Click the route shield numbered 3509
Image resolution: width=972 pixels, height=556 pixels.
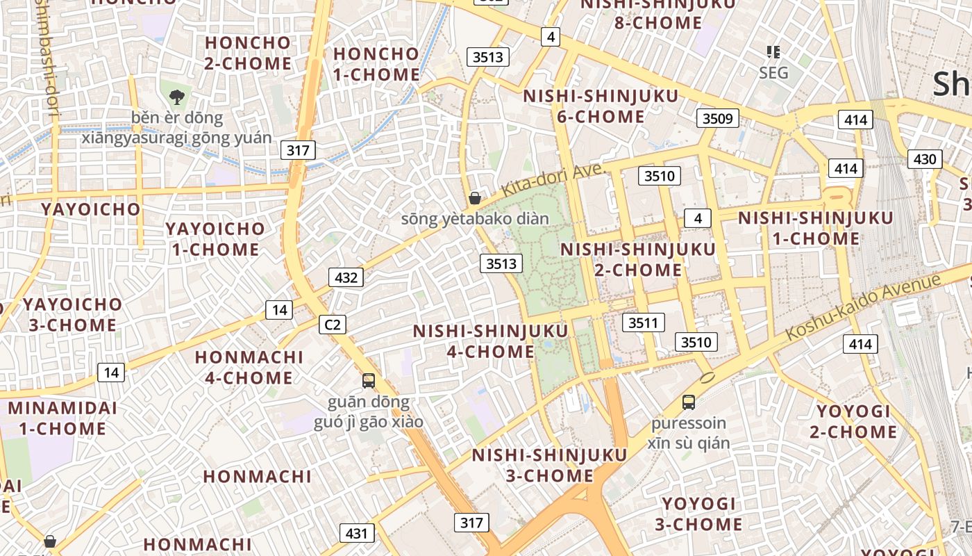718,118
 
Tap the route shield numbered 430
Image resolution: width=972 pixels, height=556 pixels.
925,159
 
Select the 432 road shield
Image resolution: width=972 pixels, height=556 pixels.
346,278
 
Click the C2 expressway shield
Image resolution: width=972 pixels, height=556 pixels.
333,325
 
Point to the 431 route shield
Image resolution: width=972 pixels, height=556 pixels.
357,533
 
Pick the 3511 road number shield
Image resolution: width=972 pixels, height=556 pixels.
644,322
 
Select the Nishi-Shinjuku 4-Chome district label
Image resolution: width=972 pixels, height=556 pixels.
490,341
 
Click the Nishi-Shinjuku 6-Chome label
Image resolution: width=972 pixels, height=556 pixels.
601,106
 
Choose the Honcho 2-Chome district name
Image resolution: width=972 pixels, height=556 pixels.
248,53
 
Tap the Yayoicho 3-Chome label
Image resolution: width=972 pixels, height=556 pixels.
72,314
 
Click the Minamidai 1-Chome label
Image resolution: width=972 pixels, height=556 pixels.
63,418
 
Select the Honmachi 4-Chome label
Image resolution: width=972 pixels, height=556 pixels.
249,367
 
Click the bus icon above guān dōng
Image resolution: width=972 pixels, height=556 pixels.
369,381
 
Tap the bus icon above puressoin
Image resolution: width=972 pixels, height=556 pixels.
689,402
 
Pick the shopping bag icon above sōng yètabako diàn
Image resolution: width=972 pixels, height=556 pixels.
475,198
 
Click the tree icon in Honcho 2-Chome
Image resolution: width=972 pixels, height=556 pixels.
177,97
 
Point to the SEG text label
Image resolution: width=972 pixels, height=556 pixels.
773,72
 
